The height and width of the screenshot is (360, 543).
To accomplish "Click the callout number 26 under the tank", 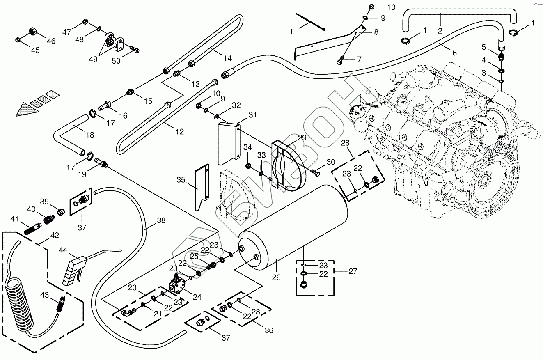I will coord(276,278).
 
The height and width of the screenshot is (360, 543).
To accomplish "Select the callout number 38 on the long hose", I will coord(161,220).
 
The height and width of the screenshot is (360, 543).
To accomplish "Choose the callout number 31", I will coord(252,115).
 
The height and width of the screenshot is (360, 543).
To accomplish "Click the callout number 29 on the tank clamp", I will coord(302,138).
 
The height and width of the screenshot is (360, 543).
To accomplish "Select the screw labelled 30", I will coord(316,173).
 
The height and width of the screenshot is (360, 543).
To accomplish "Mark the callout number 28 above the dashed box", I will coord(345,143).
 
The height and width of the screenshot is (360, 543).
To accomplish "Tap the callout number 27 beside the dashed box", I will coord(352,271).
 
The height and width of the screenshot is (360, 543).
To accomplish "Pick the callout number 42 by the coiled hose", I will coord(55,236).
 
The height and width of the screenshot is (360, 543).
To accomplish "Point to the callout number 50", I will coord(116,60).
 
